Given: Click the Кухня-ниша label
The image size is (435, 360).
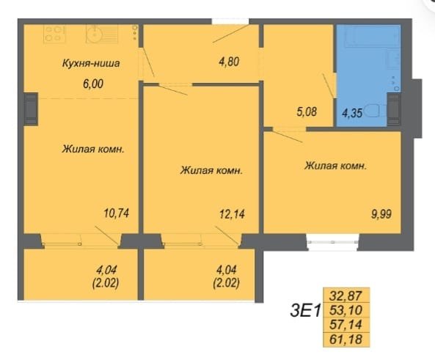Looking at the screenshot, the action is tap(91, 63).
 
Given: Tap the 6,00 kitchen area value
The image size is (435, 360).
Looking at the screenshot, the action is tap(93, 84).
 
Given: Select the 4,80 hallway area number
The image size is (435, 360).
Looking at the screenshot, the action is tap(229, 62).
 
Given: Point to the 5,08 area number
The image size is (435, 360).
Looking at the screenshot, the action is tap(307, 112).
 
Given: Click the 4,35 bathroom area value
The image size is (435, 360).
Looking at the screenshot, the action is tap(352, 113).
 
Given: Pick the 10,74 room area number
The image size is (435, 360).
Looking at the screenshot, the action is tap(117, 213).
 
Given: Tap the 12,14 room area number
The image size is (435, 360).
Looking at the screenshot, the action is tap(232, 214).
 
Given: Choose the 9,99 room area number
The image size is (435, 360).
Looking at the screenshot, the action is tap(381, 214).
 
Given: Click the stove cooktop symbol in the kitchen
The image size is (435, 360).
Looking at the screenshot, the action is tap(55, 34).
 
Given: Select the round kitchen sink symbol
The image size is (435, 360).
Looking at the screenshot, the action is tap(95, 34).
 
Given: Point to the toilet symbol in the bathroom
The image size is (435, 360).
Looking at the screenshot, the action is tap(376, 111).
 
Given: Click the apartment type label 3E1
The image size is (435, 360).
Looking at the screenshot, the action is tap(305, 311).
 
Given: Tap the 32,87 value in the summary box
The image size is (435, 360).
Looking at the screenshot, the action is tap(346, 295).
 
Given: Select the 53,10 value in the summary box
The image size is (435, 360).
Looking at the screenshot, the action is tap(346, 310).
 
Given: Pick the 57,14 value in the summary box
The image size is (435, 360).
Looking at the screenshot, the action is tap(346, 324).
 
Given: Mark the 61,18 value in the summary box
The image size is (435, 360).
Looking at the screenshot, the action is tap(346, 339).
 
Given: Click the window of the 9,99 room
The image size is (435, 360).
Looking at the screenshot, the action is tap(332, 242).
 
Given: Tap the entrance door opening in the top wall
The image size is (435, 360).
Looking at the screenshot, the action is tap(230, 21).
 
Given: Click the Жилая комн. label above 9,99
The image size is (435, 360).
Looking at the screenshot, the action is tap(336, 166).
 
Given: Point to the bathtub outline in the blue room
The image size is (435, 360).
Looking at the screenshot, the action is tap(368, 36).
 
